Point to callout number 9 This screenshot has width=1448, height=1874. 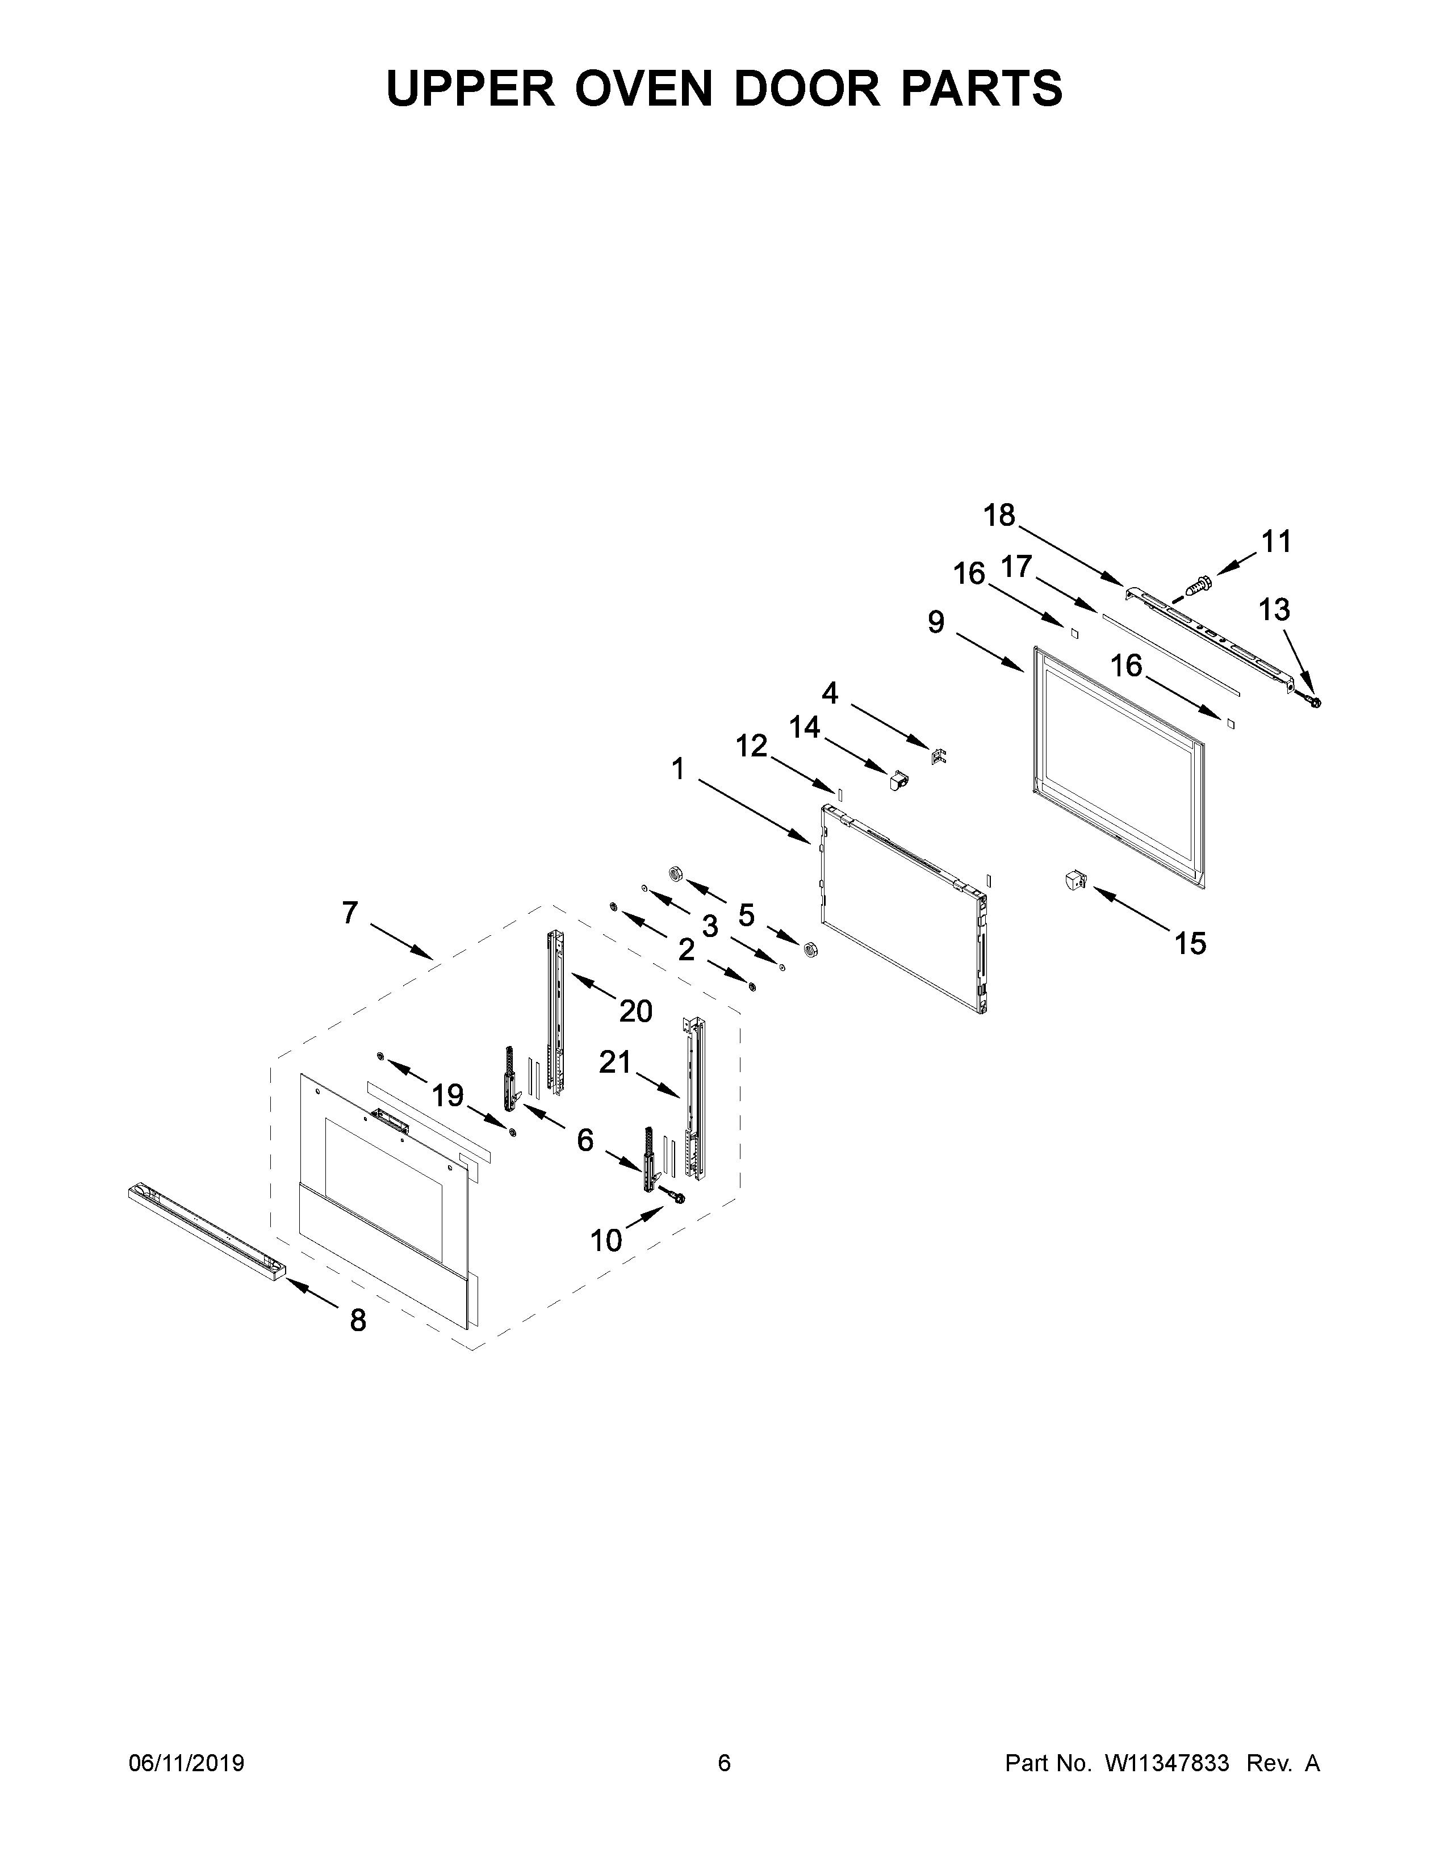(x=936, y=622)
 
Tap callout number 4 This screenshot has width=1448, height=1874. (x=830, y=692)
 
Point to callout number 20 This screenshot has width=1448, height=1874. (x=635, y=1011)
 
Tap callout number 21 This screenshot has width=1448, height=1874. (x=615, y=1063)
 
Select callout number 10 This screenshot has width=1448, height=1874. (x=606, y=1240)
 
